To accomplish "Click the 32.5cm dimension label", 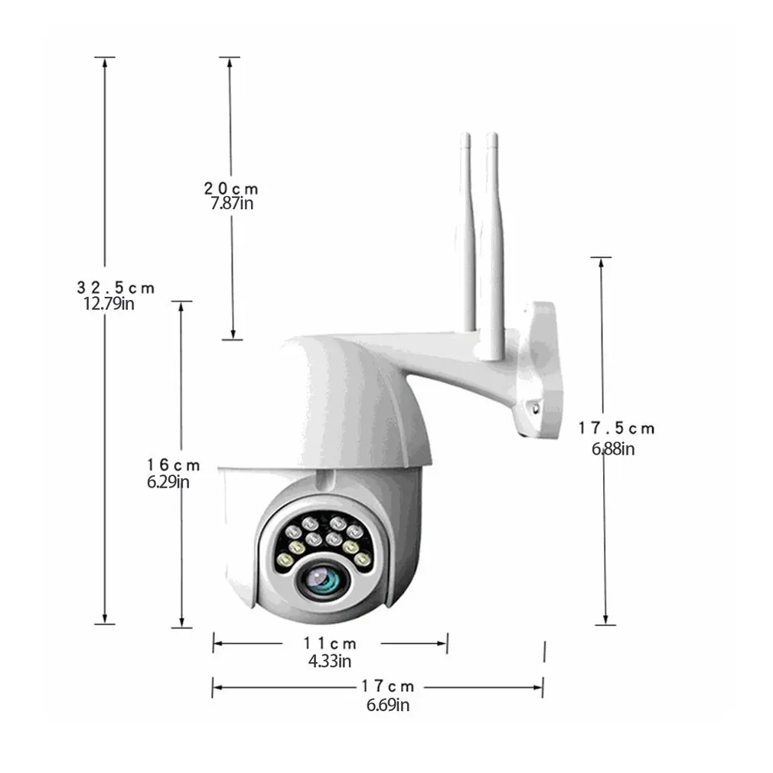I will pyautogui.click(x=116, y=288).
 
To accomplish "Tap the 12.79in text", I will pyautogui.click(x=109, y=304).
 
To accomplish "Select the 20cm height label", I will pyautogui.click(x=231, y=188).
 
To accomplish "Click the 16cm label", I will pyautogui.click(x=174, y=465).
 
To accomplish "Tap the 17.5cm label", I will pyautogui.click(x=617, y=429).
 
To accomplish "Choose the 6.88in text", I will pyautogui.click(x=612, y=449).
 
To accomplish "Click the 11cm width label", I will pyautogui.click(x=330, y=644).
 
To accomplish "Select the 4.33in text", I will pyautogui.click(x=330, y=660).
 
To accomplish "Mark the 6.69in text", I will pyautogui.click(x=387, y=705).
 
